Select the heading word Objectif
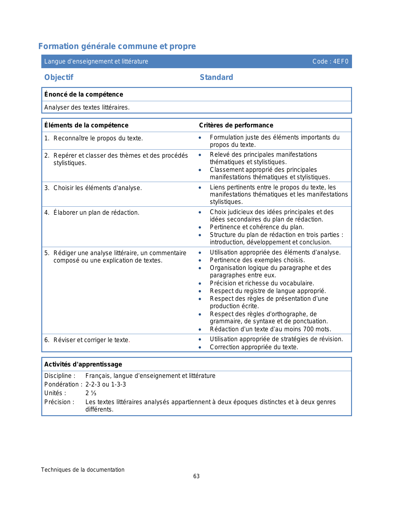point(59,77)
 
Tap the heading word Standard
point(216,77)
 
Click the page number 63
point(196,476)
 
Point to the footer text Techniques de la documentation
point(83,470)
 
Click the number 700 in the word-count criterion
point(308,329)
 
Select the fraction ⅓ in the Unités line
point(93,393)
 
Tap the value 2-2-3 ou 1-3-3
point(106,384)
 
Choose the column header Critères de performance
point(236,125)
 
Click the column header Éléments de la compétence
point(86,125)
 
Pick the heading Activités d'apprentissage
point(83,364)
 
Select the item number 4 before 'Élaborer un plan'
point(46,213)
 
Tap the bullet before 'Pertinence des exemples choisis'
point(200,261)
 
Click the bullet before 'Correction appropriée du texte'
point(200,348)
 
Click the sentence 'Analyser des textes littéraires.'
point(87,107)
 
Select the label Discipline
point(59,376)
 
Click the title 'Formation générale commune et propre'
point(117,46)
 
